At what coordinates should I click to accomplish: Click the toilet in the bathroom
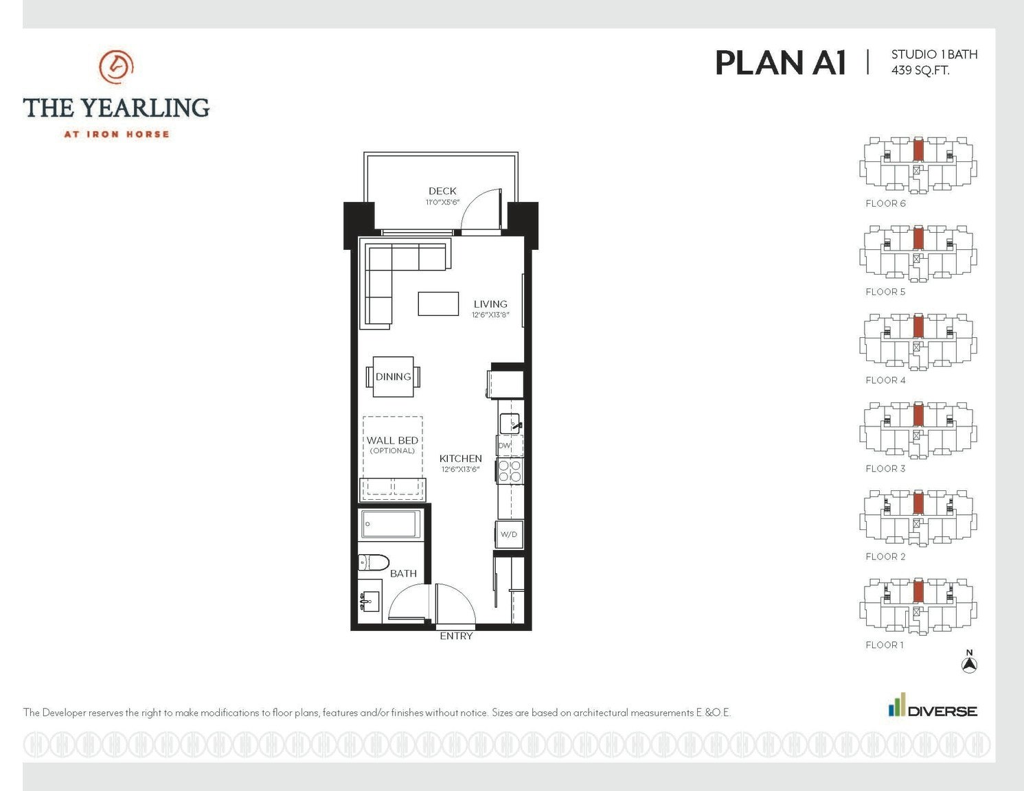click(x=373, y=562)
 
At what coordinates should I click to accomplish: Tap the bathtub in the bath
click(x=391, y=524)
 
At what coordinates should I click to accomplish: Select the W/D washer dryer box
click(x=509, y=534)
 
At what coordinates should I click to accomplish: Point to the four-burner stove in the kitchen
click(x=510, y=471)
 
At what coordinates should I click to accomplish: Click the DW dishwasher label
click(x=504, y=445)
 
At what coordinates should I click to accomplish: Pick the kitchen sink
click(x=510, y=423)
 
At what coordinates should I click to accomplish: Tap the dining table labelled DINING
click(x=393, y=376)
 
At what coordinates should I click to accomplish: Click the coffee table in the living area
click(x=438, y=304)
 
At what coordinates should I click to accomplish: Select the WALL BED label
click(x=392, y=441)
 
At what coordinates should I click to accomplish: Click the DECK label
click(x=442, y=191)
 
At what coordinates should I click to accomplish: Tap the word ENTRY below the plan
click(x=456, y=636)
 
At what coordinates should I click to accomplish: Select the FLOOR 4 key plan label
click(x=885, y=380)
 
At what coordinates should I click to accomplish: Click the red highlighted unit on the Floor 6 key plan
click(x=918, y=150)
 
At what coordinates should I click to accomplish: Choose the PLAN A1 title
click(x=781, y=63)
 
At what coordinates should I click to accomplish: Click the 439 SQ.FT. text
click(x=920, y=70)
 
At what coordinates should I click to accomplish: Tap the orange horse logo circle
click(x=116, y=67)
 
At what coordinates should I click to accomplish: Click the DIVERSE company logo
click(x=933, y=704)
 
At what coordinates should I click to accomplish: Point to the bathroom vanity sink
click(x=369, y=601)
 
